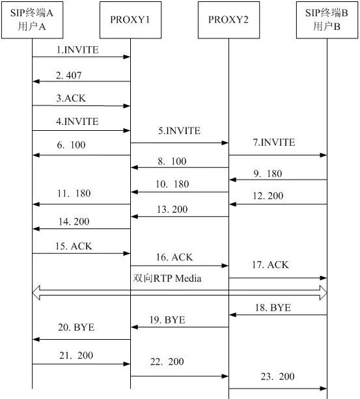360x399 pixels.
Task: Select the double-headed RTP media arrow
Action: (179, 293)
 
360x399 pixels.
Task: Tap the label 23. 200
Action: (278, 376)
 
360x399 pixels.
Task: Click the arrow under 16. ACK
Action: (179, 266)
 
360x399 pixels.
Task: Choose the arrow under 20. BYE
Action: (81, 339)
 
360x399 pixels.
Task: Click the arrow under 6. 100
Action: (81, 155)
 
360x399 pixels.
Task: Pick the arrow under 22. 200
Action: (179, 376)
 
